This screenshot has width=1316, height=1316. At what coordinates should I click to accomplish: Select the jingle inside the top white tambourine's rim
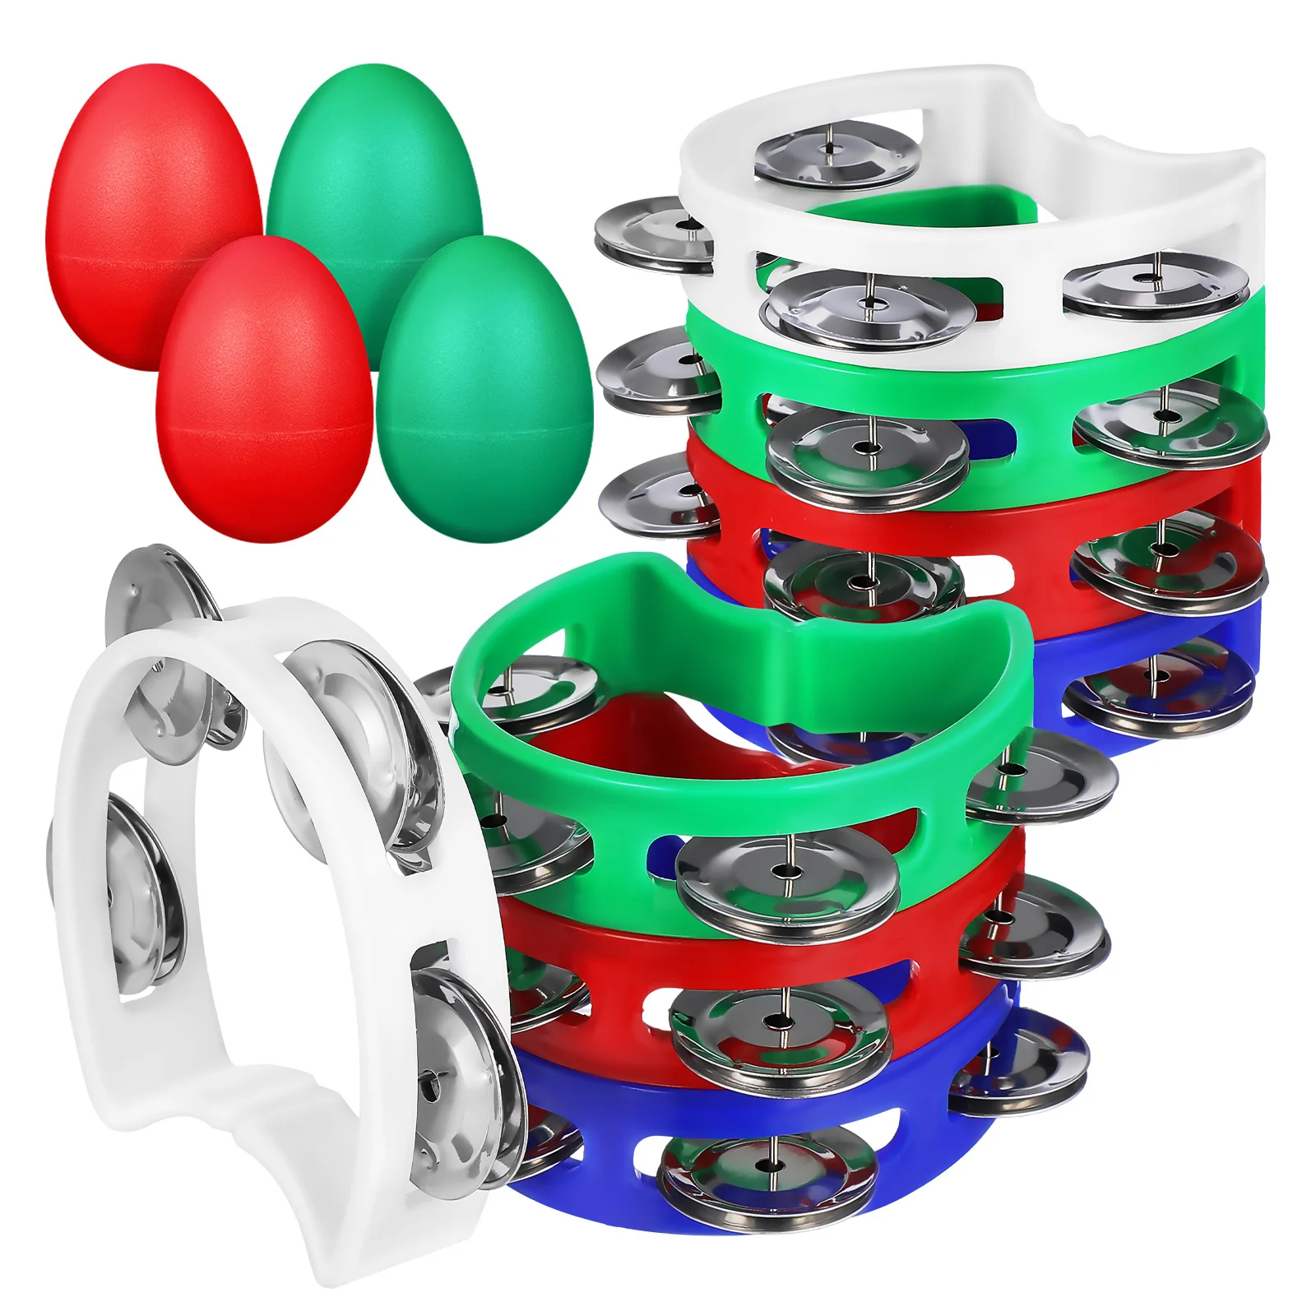click(836, 153)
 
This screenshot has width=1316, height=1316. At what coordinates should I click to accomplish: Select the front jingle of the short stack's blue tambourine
click(769, 1172)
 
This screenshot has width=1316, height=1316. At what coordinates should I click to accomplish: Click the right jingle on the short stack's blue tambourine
click(1020, 1069)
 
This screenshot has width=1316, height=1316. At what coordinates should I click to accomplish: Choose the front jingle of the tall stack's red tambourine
click(864, 580)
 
